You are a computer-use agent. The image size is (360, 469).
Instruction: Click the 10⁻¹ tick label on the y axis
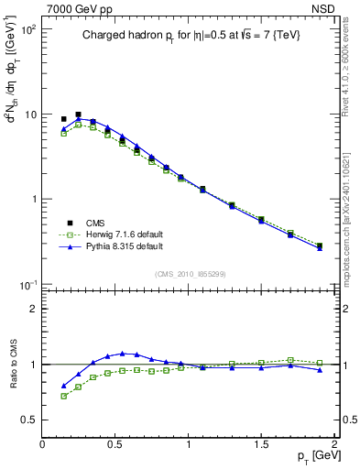27,284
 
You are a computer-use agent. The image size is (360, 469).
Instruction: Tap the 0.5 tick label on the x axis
115,443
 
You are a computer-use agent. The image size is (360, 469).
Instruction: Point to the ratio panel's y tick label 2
33,308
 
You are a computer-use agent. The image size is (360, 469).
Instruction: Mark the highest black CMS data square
78,115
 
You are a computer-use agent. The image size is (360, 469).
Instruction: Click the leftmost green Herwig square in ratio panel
63,396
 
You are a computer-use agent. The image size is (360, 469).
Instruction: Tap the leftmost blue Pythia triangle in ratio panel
63,386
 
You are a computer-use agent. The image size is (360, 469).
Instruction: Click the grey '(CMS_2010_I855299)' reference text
189,274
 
